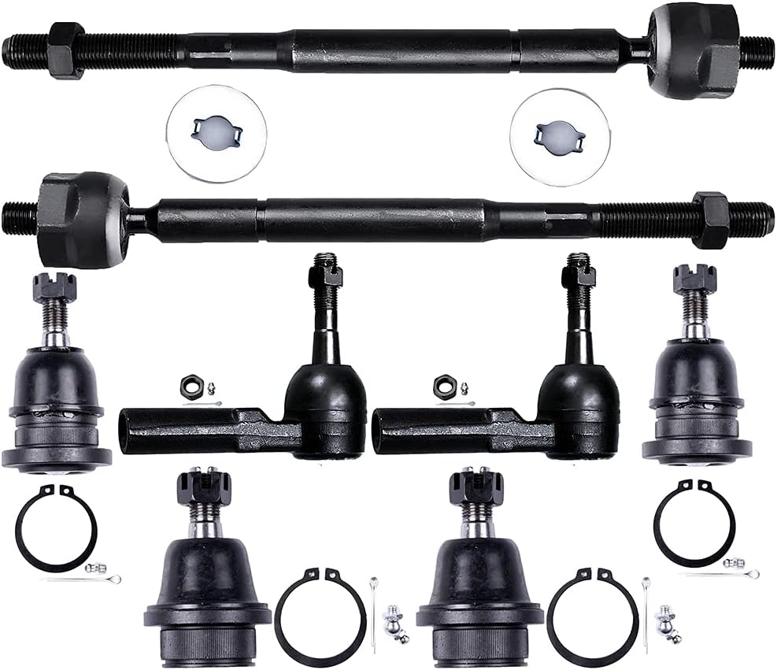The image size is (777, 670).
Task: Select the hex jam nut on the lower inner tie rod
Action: [x=711, y=220]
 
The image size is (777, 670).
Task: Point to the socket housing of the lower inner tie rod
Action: [x=83, y=220]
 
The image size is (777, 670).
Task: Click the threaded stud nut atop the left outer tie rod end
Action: [x=325, y=276]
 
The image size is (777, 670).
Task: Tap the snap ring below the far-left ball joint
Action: [x=55, y=526]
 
